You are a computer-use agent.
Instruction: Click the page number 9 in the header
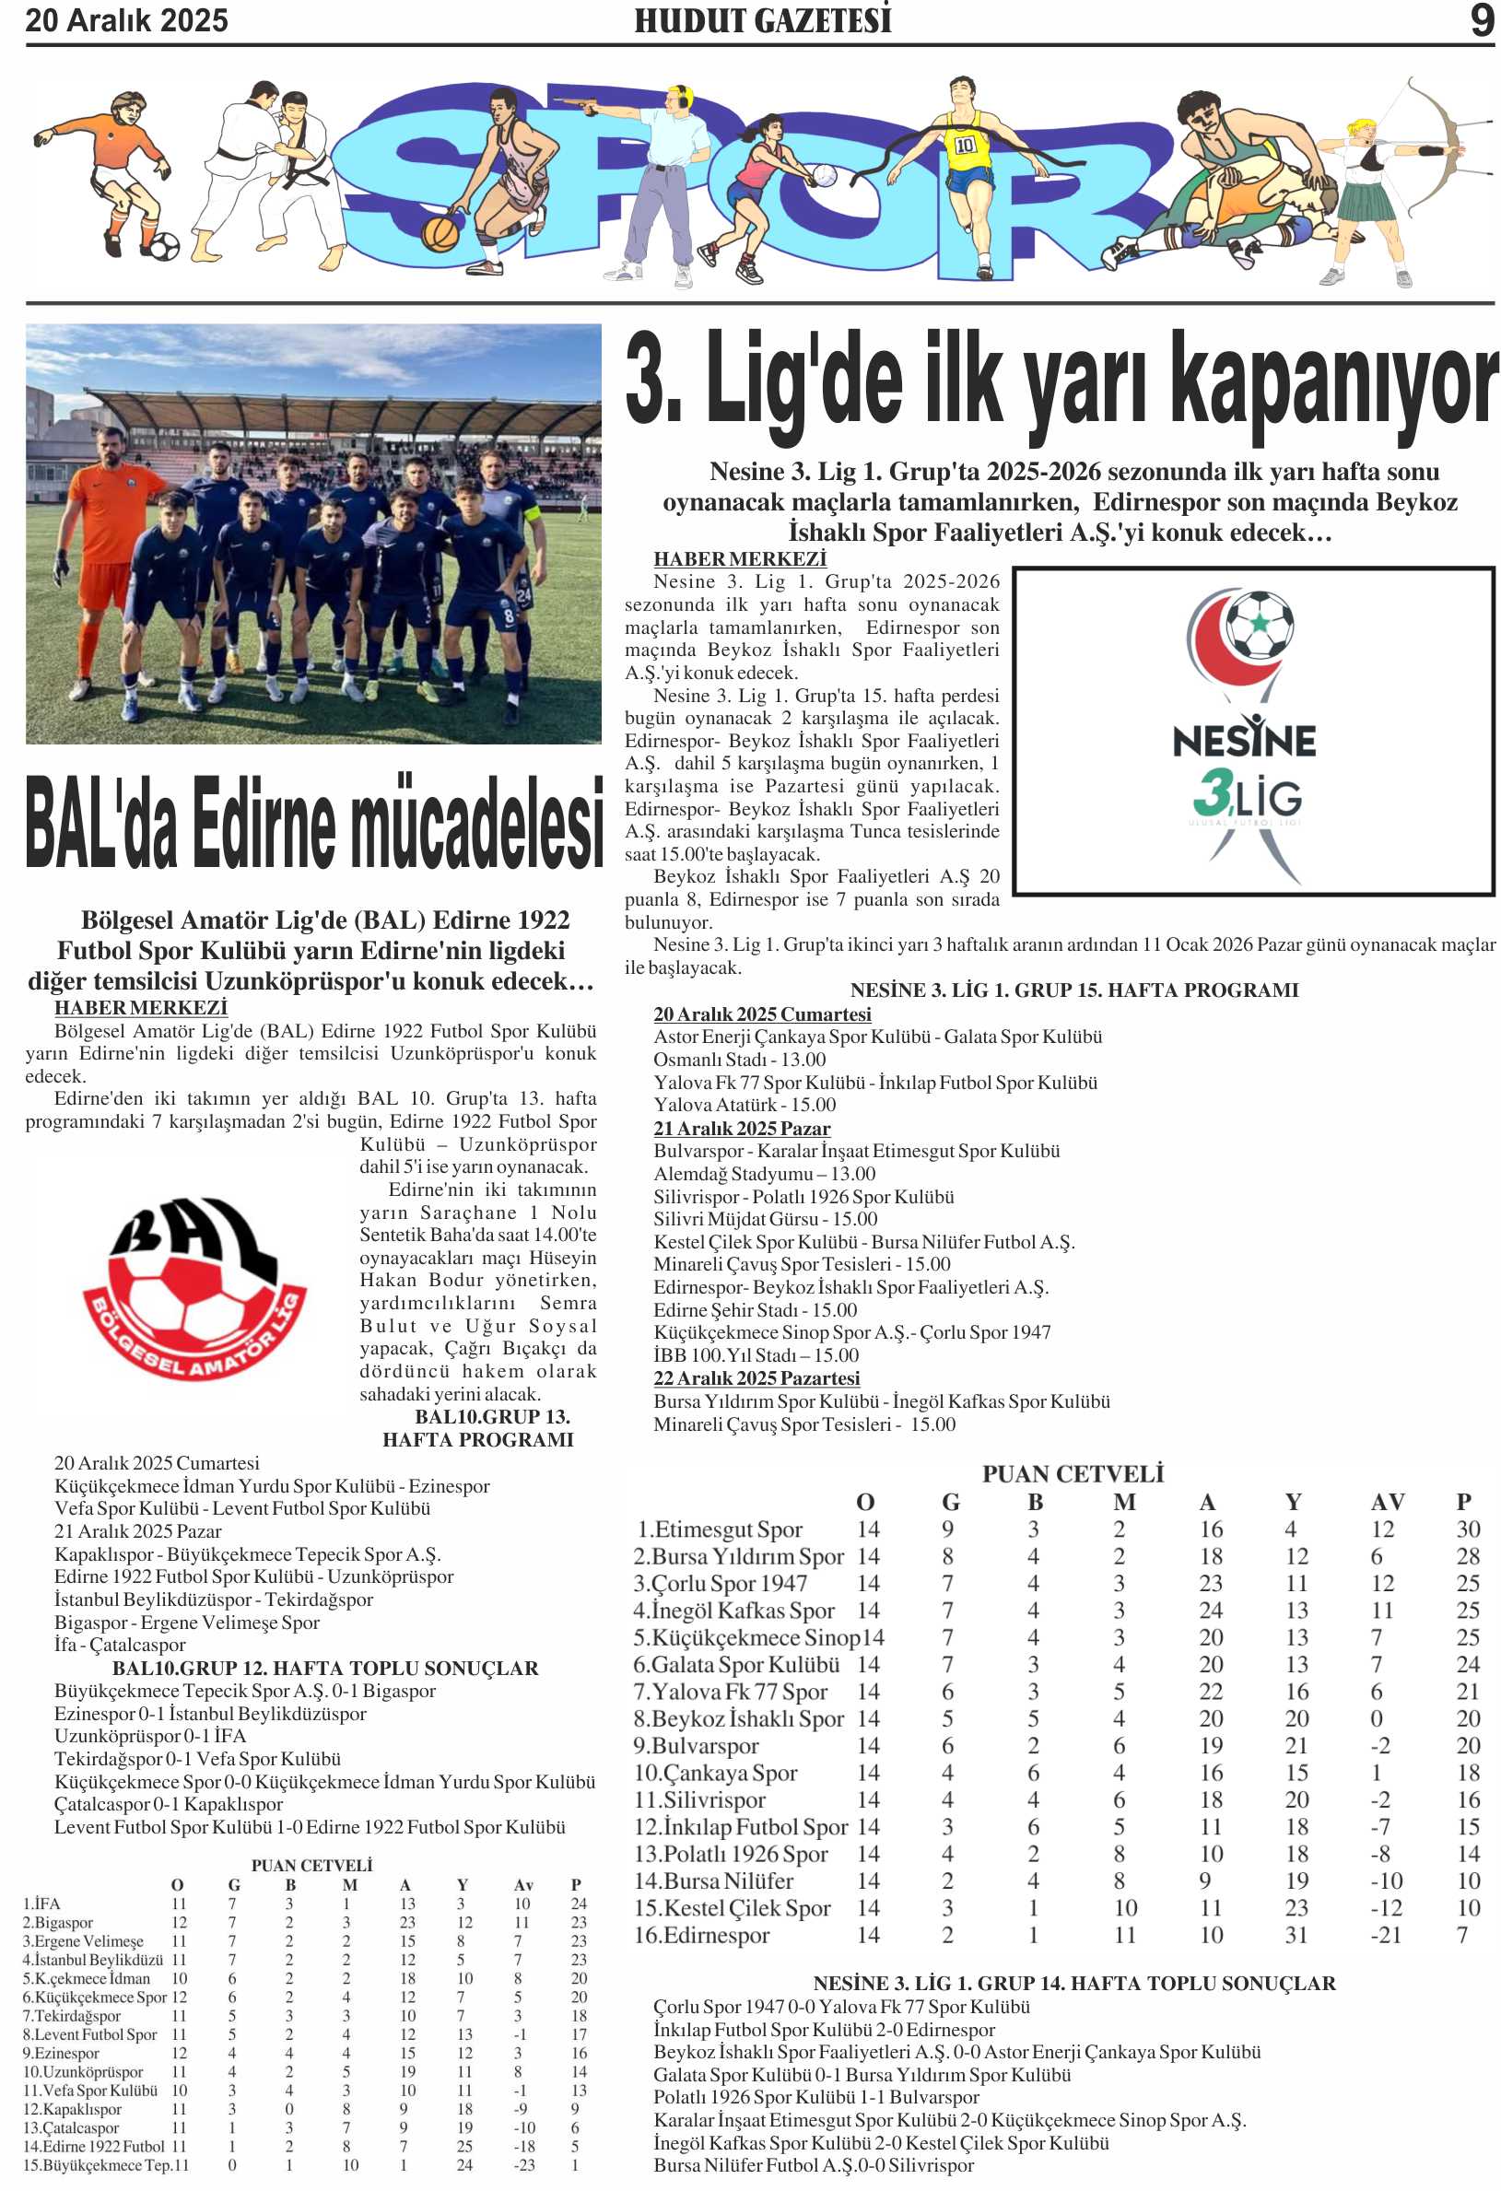[1480, 21]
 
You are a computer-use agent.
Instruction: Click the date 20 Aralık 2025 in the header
[126, 21]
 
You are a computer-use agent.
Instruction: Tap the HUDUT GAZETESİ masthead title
[762, 21]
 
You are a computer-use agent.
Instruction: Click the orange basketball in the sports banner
[440, 232]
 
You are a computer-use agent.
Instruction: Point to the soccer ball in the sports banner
[164, 246]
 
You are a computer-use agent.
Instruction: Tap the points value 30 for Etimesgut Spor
[1467, 1529]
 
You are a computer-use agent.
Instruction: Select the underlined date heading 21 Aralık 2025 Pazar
[741, 1129]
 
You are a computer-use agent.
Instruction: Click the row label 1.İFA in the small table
[41, 1904]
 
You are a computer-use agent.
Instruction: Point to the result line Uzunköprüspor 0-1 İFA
[150, 1736]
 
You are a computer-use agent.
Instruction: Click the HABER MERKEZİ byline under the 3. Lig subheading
[739, 559]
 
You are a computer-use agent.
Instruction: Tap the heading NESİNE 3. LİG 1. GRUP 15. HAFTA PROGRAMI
[1073, 990]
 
